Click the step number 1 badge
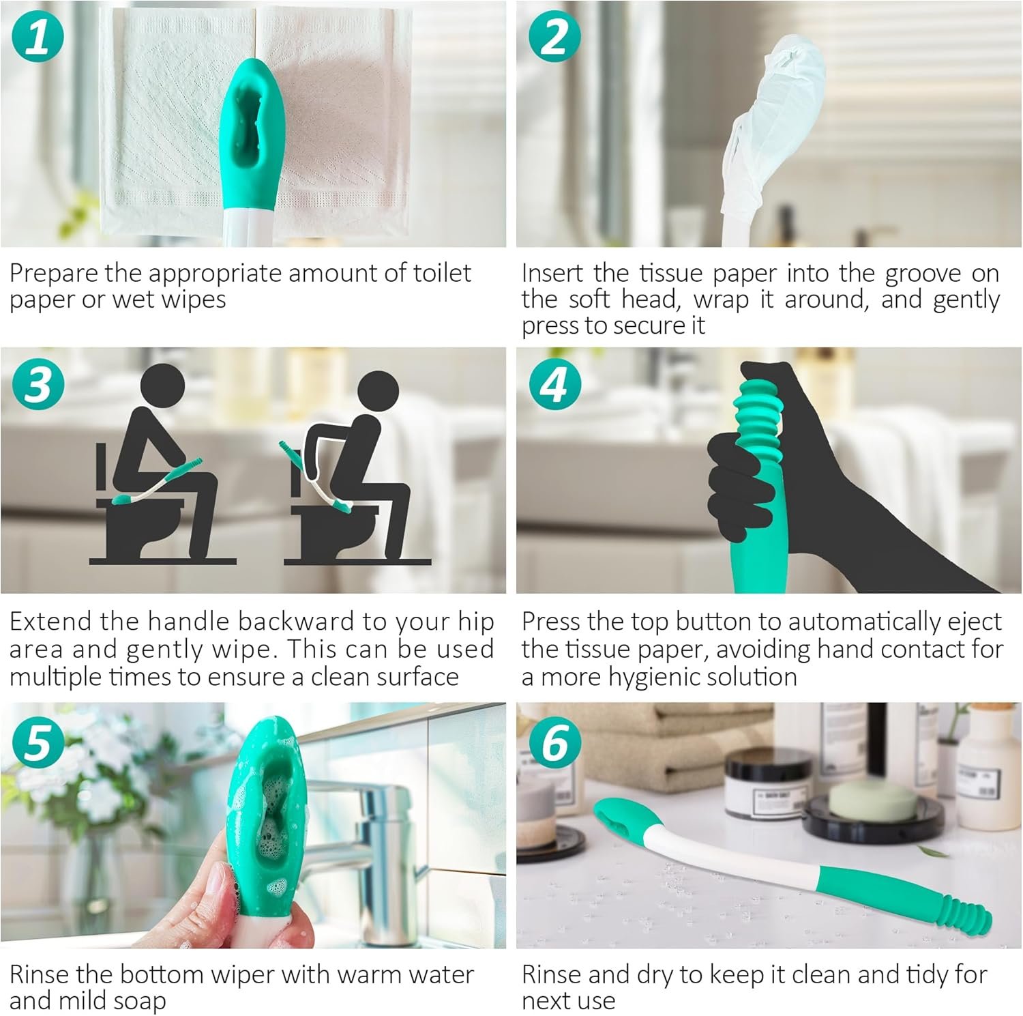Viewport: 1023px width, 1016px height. coord(38,38)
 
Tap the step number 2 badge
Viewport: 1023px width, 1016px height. coord(555,38)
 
